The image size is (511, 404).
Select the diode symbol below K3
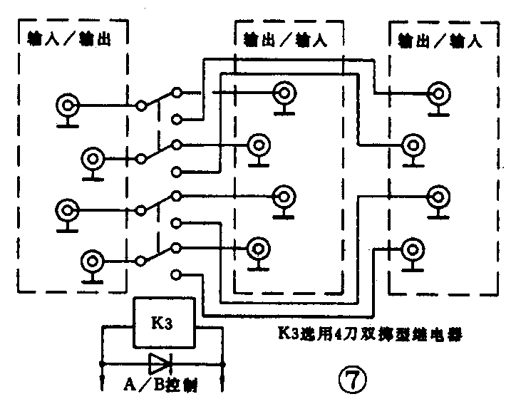(x=159, y=364)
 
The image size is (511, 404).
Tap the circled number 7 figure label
(x=353, y=378)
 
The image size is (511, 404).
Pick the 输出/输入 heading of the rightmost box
(x=440, y=38)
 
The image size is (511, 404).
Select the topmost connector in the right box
(x=438, y=93)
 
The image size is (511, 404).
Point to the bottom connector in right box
(x=413, y=250)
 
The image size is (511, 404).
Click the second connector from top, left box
(x=93, y=157)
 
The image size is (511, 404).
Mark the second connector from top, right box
(x=413, y=144)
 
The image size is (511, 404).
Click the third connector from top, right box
(x=438, y=196)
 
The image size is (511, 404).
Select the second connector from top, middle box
(x=257, y=145)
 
